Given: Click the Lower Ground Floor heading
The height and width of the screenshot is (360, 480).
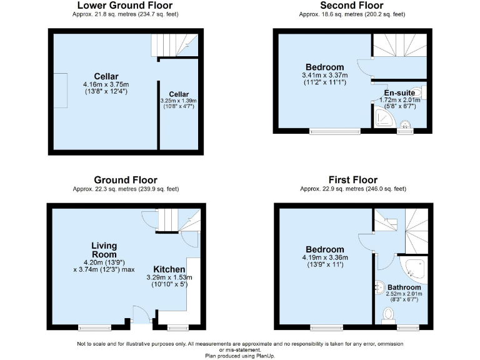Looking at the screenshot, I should [125, 6].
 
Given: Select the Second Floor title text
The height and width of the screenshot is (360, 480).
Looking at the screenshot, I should [352, 6].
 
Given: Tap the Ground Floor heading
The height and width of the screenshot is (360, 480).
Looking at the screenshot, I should [126, 180].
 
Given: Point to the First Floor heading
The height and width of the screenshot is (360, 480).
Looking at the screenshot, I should [352, 180].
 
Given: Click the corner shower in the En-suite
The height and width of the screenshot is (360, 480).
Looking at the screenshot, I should [383, 118].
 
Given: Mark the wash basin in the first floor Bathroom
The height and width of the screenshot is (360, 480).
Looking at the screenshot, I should [379, 287].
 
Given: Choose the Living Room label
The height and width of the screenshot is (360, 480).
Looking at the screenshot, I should [104, 250].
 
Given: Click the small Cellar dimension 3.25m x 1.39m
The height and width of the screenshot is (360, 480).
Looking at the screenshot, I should [179, 101].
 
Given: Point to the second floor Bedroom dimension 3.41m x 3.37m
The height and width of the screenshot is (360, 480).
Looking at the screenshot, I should [324, 75].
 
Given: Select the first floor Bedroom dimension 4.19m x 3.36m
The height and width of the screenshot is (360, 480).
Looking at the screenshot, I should [324, 257].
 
